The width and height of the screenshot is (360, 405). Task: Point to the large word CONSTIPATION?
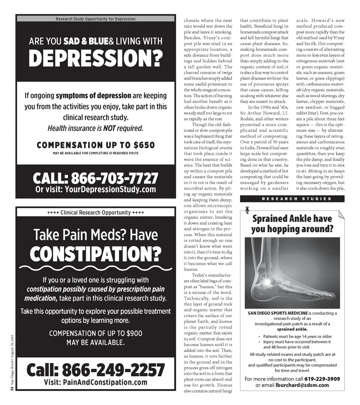96,254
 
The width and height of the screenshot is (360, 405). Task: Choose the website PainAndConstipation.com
105,382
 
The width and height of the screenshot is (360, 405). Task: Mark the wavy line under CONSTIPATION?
96,268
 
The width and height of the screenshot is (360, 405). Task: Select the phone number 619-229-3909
322,379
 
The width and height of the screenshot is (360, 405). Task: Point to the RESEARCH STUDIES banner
292,199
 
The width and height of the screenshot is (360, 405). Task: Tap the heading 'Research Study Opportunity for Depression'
96,19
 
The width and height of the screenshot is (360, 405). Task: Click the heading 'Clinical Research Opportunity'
96,212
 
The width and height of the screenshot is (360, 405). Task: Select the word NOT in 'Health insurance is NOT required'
109,129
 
